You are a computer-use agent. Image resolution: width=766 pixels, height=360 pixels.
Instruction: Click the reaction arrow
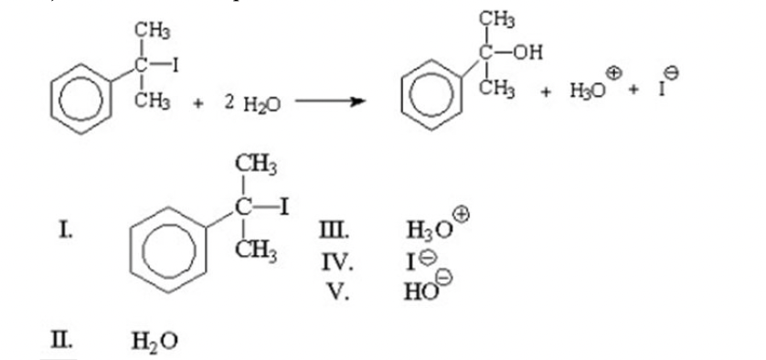330,101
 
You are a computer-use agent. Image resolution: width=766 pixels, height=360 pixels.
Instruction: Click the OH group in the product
528,53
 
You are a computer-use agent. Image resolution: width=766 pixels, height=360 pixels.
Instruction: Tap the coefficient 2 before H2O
229,102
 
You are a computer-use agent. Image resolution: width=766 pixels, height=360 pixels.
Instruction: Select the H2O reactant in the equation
262,104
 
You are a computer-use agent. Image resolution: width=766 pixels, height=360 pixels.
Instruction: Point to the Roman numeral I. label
65,228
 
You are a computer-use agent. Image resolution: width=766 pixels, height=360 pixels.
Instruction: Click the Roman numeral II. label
61,339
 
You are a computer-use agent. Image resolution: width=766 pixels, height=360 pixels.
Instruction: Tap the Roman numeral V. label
338,291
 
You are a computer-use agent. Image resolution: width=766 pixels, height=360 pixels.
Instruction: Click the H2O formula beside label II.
154,341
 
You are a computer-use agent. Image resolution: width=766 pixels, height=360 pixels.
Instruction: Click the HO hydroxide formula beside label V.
421,291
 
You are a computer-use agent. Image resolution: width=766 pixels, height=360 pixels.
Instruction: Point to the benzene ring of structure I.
169,249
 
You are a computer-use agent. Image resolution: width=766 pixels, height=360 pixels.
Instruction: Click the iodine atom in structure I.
283,208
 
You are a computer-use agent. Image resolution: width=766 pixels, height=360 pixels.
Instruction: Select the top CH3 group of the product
497,20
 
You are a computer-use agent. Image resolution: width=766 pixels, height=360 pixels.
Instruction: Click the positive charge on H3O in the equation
613,74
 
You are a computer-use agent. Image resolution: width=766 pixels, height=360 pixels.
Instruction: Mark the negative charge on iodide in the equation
672,73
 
